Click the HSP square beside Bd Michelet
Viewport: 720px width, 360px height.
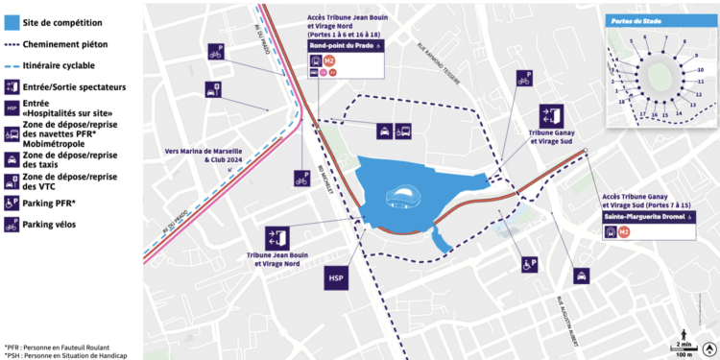pos(336,279)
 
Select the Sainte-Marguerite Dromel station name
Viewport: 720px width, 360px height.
pos(645,219)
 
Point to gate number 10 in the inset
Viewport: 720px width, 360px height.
pos(701,70)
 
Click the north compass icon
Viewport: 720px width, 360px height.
pos(709,348)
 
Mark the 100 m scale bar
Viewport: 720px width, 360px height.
pos(682,352)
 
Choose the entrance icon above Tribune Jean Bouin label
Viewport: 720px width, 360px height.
pos(277,238)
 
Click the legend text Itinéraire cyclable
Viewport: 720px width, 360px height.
pos(60,65)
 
